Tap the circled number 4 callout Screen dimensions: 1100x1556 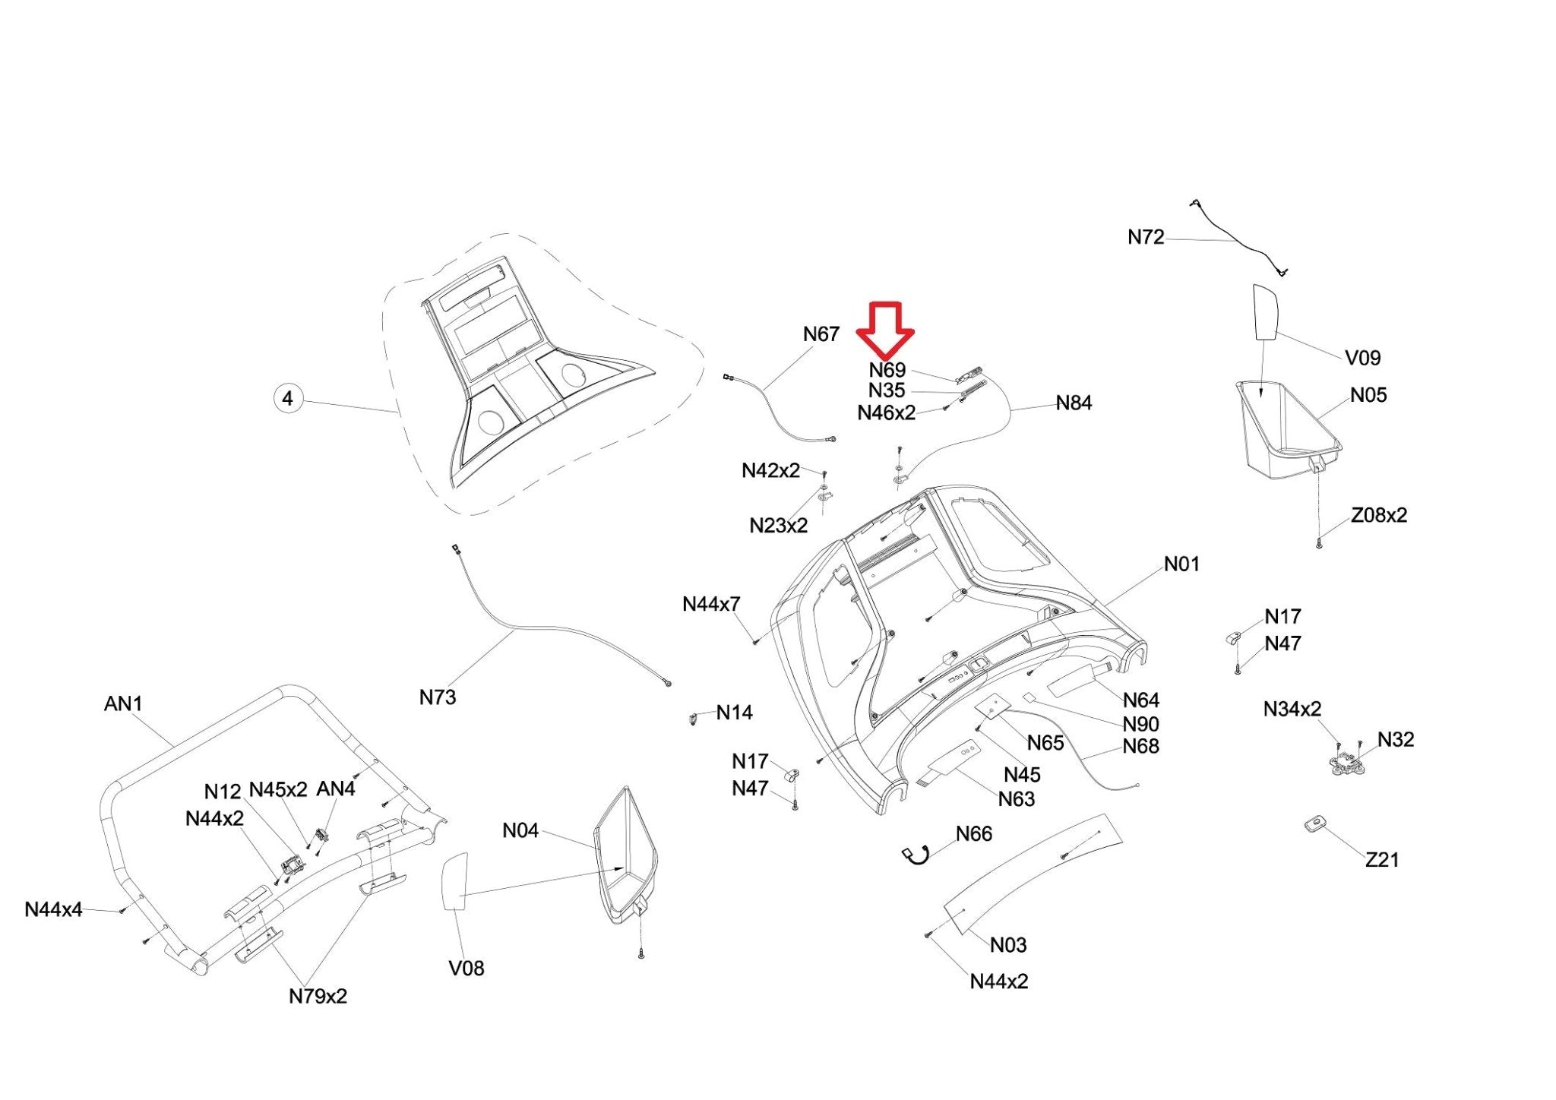pos(287,398)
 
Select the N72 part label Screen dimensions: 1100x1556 pos(1145,238)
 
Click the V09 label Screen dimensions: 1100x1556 pos(1362,357)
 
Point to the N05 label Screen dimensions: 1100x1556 pos(1368,395)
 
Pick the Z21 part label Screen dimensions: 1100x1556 pos(1382,859)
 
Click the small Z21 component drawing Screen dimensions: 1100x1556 pos(1314,823)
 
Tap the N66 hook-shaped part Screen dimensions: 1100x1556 pos(916,855)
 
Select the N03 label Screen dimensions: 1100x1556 pos(1008,944)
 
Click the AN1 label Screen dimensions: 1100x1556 pos(123,703)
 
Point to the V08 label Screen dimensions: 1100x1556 pos(466,968)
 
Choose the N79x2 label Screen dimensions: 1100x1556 pos(318,996)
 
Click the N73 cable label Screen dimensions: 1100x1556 pos(438,697)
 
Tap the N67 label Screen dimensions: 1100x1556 pos(821,334)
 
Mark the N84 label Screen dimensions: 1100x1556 pos(1074,403)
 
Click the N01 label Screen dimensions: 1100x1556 pos(1181,564)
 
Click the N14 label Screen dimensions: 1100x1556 pos(734,713)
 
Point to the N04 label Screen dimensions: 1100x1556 pos(520,830)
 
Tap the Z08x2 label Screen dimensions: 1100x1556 pos(1378,515)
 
